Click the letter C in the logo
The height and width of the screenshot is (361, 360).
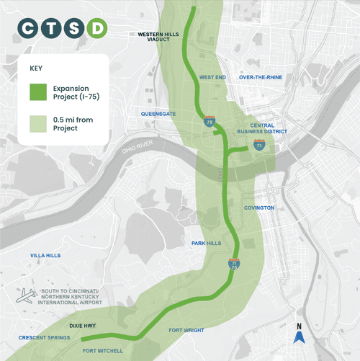pos(28,29)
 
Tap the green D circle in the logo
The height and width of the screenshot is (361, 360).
pos(97,29)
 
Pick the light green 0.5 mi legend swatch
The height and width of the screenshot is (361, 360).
pos(39,123)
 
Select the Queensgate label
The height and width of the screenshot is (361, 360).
pos(159,113)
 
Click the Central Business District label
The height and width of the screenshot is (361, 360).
pos(262,128)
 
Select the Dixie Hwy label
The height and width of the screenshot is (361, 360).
pos(84,325)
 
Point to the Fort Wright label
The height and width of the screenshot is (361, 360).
pos(183,330)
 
